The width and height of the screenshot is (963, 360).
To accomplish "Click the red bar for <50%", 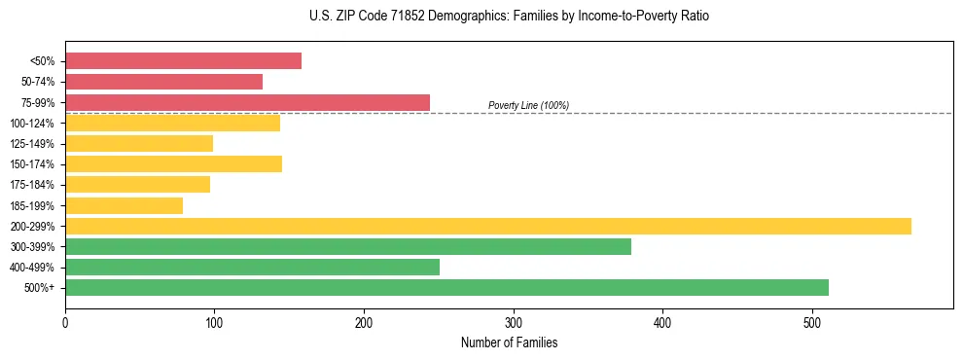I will [183, 61].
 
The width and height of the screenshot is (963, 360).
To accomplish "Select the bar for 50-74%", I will [163, 82].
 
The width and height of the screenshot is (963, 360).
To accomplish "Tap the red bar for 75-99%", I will [247, 102].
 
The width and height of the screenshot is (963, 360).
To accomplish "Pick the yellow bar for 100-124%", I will [172, 123].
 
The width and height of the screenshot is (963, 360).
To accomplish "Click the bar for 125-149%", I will [139, 144].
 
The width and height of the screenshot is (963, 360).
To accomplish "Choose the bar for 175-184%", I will [137, 185].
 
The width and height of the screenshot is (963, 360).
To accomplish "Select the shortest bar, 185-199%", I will [124, 205].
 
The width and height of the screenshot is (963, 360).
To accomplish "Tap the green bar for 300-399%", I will [347, 246].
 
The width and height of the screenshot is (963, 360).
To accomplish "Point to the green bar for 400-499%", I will [252, 267].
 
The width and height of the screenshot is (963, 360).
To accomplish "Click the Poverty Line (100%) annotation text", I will [528, 105].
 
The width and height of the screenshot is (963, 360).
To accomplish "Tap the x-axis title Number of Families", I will [509, 343].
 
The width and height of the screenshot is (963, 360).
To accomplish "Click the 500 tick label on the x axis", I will [812, 322].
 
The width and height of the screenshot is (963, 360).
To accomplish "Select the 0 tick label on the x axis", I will [65, 322].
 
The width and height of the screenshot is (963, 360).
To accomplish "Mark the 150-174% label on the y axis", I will [32, 164].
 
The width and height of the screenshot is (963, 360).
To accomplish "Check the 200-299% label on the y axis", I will [32, 226].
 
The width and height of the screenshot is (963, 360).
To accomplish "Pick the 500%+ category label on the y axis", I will [38, 287].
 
